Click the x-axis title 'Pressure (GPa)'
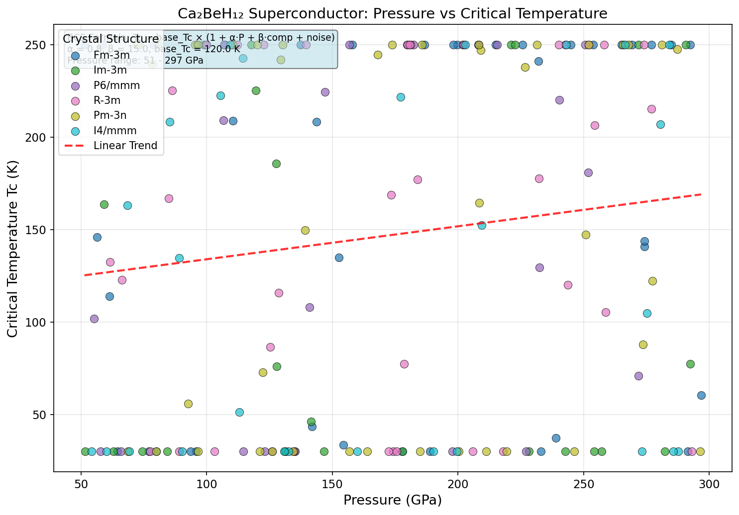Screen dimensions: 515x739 coord(392,500)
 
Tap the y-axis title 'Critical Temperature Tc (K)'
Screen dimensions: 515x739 coord(13,249)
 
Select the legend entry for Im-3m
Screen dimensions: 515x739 coord(110,70)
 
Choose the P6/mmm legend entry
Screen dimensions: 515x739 coord(116,86)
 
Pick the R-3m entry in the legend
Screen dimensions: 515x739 coord(107,100)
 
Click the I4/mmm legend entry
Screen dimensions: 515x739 coord(115,131)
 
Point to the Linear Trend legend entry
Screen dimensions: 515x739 coord(125,146)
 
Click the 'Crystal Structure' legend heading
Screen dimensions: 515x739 coord(110,39)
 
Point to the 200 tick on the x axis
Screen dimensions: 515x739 coord(458,482)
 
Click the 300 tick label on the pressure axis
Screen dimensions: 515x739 coord(709,482)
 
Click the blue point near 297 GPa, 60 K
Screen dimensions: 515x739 coord(701,395)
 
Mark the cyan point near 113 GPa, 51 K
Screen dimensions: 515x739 coord(239,412)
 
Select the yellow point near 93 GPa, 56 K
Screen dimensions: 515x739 coord(188,404)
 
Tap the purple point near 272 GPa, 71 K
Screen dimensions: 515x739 coord(638,376)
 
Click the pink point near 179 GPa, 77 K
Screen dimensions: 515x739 coord(404,364)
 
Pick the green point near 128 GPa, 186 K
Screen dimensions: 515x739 coord(276,164)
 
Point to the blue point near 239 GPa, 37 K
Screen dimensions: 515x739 coord(556,438)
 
